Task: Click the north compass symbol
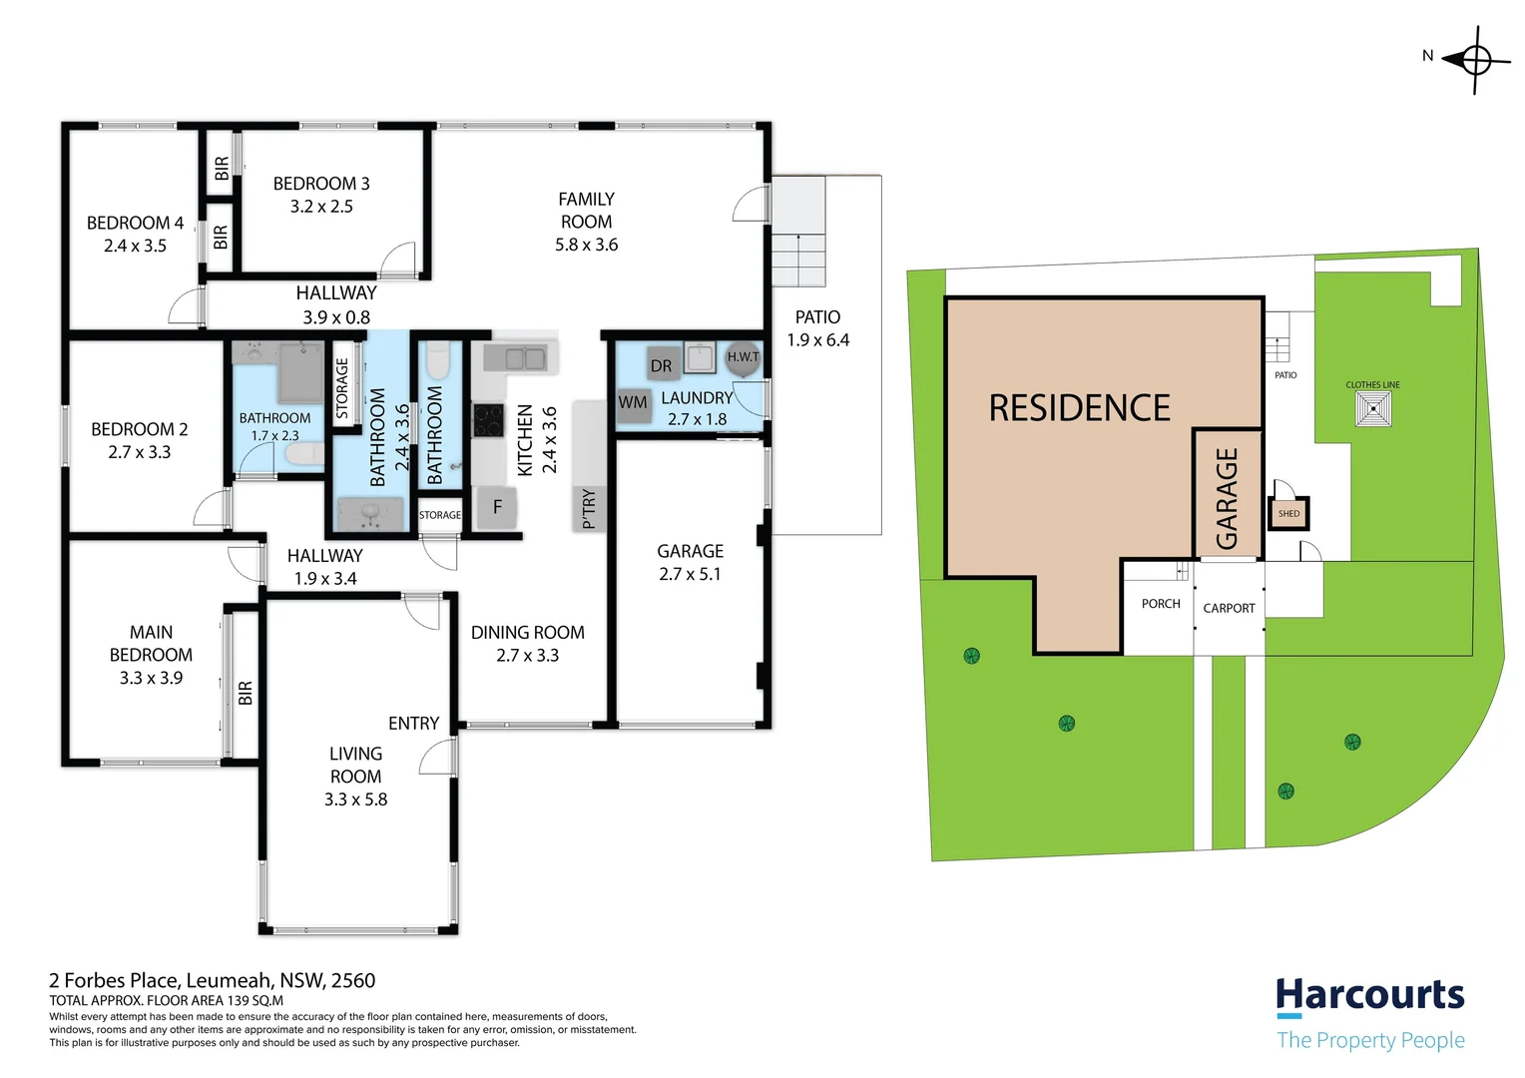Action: (x=1473, y=61)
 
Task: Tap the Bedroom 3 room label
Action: (x=321, y=184)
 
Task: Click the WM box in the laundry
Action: (x=633, y=402)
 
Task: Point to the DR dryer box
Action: (x=661, y=365)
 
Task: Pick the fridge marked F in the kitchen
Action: (x=498, y=507)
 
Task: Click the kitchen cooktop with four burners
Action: (x=487, y=420)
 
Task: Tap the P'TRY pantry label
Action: (x=589, y=508)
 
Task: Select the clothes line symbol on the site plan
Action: (x=1373, y=409)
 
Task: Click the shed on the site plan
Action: (x=1288, y=513)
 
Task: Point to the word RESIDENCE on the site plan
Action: (x=1079, y=408)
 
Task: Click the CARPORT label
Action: (x=1229, y=608)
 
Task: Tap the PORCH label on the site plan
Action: (x=1161, y=603)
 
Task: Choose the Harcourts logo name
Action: (x=1370, y=995)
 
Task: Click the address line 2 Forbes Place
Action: (x=212, y=980)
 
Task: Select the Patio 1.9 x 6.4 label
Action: (x=817, y=328)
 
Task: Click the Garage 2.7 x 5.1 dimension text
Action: (x=690, y=574)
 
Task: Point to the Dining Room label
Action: (x=528, y=633)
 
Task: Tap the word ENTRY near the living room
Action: (x=414, y=724)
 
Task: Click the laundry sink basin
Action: (x=700, y=357)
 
